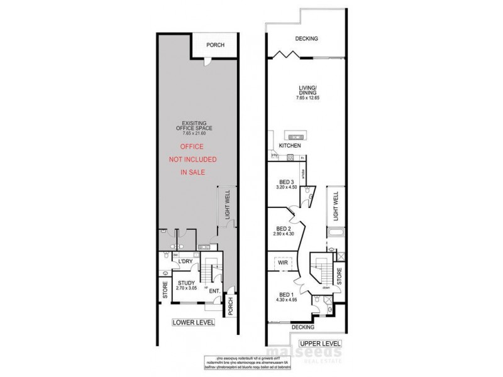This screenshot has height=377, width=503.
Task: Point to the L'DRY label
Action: (185, 261)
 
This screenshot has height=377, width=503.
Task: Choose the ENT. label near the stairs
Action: (214, 291)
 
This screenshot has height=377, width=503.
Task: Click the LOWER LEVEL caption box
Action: (194, 323)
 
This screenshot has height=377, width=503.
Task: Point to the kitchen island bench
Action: (294, 134)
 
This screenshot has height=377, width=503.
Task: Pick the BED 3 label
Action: (285, 183)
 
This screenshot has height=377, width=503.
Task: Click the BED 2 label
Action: (284, 231)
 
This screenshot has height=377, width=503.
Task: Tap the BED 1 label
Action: (287, 297)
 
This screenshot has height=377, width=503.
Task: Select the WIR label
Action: (282, 263)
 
